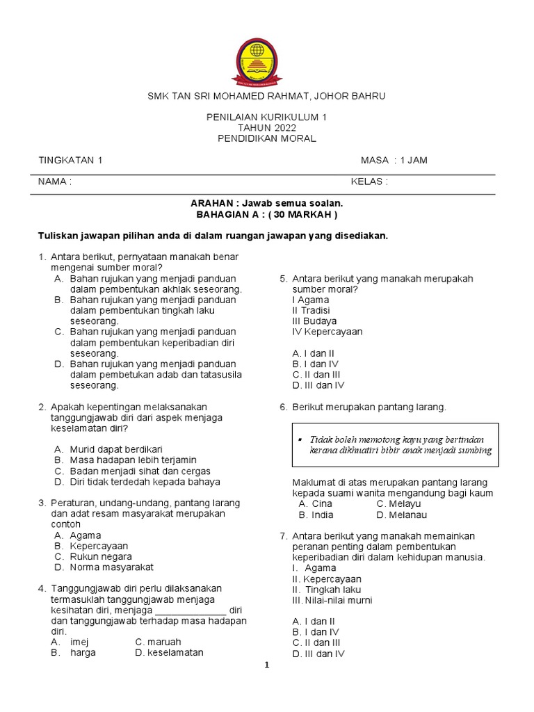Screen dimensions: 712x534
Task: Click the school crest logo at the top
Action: [x=267, y=58]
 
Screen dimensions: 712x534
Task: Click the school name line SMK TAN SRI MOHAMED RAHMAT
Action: [x=266, y=95]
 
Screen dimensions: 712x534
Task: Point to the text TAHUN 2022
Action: [x=266, y=128]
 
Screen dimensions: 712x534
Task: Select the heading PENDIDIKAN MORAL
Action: [x=266, y=138]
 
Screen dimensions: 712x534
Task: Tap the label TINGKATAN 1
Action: [x=70, y=161]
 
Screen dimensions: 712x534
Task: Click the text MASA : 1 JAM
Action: [x=394, y=161]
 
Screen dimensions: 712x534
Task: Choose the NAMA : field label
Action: [x=55, y=181]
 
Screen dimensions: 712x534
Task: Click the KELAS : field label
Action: [x=369, y=181]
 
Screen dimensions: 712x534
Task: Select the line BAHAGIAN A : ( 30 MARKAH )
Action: [x=267, y=215]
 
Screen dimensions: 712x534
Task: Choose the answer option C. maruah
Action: [x=158, y=642]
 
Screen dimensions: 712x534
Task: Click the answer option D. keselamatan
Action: [x=169, y=653]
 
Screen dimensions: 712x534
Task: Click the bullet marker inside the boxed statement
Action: [x=298, y=439]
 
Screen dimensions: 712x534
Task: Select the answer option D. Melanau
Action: [x=401, y=515]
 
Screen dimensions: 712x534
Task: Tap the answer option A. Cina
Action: [x=315, y=503]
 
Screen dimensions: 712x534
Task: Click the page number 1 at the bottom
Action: [x=266, y=665]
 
